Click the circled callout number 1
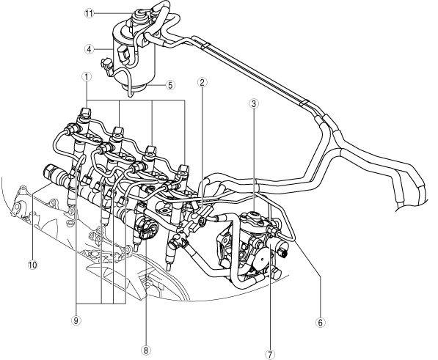87,76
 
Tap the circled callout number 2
202,82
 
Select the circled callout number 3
254,104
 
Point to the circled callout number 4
89,49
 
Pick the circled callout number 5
171,85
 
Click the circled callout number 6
321,323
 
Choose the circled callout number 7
270,355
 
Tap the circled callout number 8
146,350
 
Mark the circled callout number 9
76,320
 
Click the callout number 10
33,265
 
